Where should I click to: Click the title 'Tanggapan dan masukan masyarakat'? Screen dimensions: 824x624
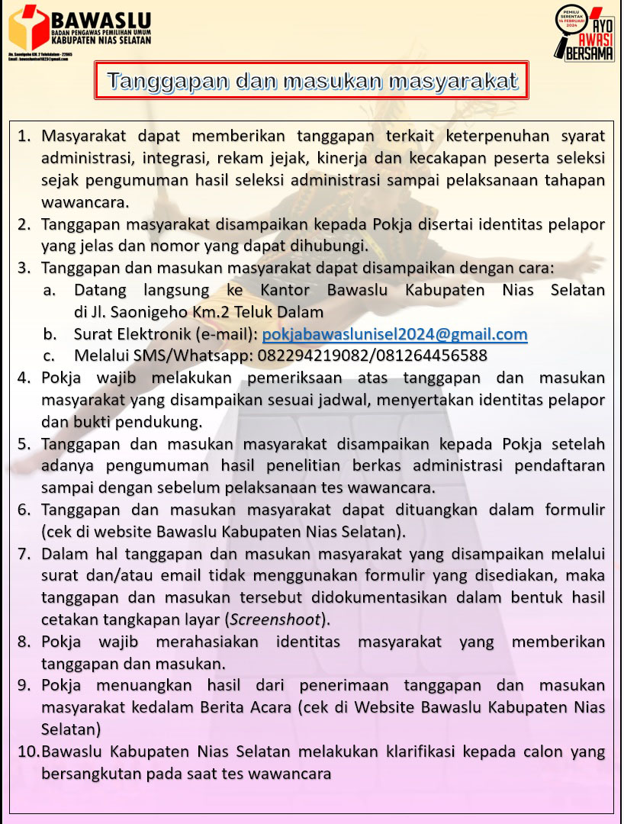point(312,81)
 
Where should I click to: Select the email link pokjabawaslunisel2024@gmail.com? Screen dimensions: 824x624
point(394,334)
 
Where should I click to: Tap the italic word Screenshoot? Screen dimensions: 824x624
point(278,618)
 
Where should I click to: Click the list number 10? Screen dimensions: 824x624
point(28,752)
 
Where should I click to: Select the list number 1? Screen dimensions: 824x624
point(24,137)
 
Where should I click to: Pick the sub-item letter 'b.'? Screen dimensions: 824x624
point(50,334)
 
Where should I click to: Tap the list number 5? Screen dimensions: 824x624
point(24,444)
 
